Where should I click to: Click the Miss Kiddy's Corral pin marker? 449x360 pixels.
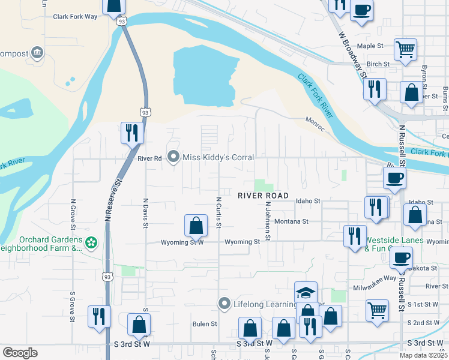(x=174, y=157)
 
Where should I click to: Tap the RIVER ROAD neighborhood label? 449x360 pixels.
(x=263, y=196)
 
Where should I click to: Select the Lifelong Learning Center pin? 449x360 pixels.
(x=224, y=304)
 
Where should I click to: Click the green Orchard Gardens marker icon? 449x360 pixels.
(x=91, y=243)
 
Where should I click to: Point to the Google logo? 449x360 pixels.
(x=20, y=353)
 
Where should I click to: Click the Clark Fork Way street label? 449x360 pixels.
(x=75, y=17)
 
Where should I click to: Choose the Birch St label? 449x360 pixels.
(x=378, y=64)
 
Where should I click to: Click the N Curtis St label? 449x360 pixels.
(x=219, y=212)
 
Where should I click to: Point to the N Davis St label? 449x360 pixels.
(x=145, y=213)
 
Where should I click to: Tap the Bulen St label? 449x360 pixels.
(x=205, y=324)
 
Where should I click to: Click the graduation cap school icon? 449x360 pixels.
(x=306, y=292)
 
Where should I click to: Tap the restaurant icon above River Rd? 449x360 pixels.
(x=131, y=133)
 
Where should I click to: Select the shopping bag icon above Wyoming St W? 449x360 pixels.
(x=196, y=226)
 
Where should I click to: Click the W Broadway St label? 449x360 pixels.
(x=352, y=55)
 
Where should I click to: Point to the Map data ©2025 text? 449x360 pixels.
(x=424, y=355)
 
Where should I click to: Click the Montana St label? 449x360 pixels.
(x=291, y=221)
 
